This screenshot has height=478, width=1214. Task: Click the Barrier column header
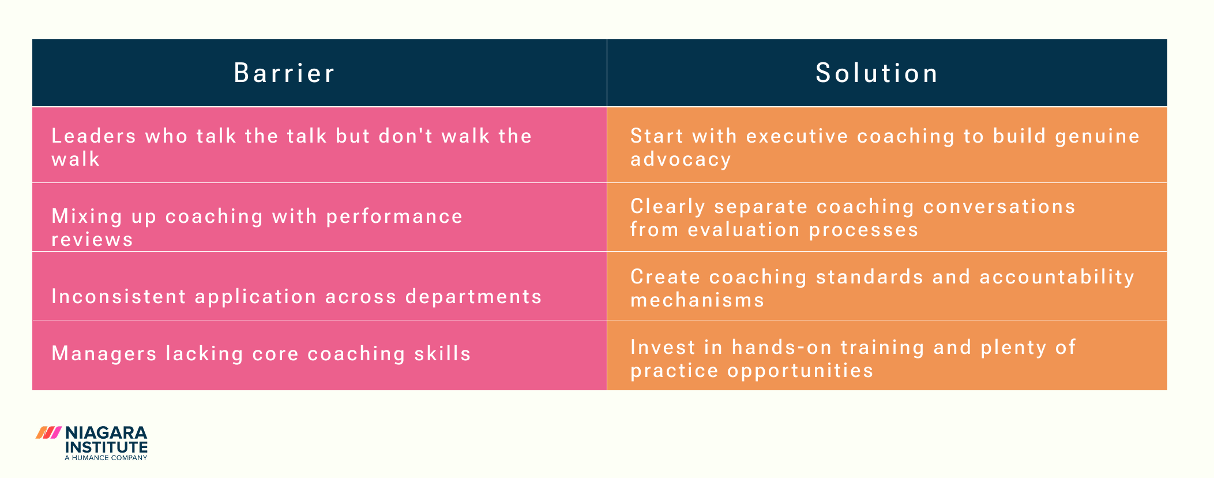[284, 73]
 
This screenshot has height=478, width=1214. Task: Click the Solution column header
[877, 73]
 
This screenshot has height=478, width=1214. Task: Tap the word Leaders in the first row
[94, 136]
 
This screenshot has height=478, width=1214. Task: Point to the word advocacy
[681, 159]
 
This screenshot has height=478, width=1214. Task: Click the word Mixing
[87, 216]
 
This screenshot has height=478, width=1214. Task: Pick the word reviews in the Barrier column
[92, 240]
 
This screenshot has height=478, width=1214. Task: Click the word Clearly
[668, 207]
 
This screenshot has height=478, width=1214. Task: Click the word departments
[473, 297]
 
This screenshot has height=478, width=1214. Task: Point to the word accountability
[1057, 277]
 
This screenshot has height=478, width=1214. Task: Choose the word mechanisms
[697, 300]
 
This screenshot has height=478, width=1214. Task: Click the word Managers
[104, 354]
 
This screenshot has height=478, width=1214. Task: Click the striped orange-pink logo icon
[48, 433]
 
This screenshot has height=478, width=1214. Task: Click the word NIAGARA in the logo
[107, 434]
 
